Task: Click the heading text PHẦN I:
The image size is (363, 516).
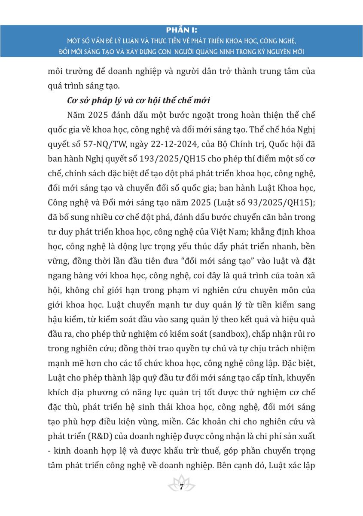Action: point(181,30)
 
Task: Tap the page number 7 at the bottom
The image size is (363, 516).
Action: point(181,487)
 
